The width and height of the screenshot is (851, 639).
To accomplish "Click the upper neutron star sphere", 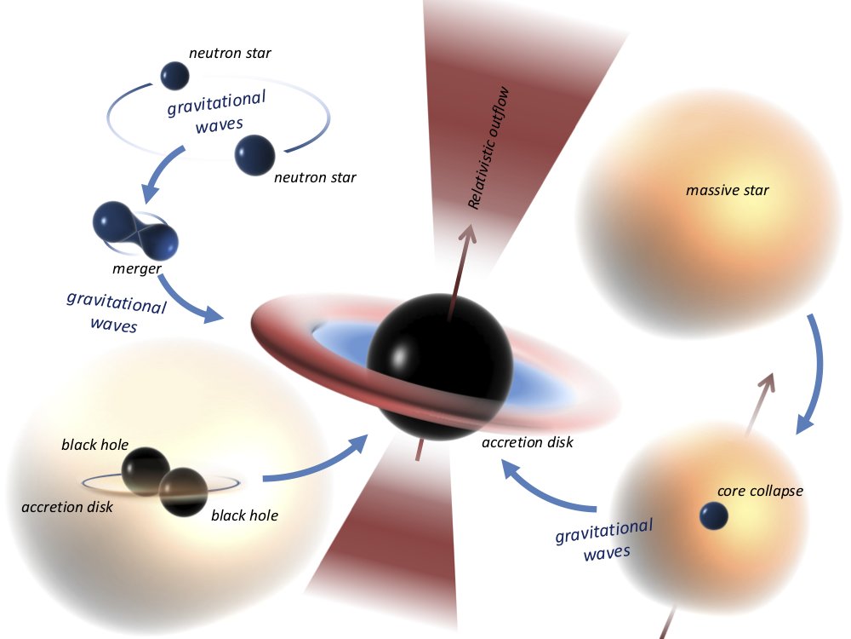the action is pyautogui.click(x=175, y=74).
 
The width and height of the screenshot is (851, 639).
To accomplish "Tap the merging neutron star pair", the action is pyautogui.click(x=136, y=227).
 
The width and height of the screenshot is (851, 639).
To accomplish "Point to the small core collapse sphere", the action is pyautogui.click(x=713, y=515).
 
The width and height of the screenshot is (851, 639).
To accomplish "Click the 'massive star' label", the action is pyautogui.click(x=727, y=190).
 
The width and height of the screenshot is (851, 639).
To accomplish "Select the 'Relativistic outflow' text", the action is pyautogui.click(x=491, y=147).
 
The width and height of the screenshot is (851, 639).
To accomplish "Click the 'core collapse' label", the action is pyautogui.click(x=760, y=492).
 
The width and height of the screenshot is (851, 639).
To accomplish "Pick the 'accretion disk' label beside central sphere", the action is pyautogui.click(x=527, y=443).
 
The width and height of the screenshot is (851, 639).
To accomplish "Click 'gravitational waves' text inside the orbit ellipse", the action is pyautogui.click(x=214, y=112).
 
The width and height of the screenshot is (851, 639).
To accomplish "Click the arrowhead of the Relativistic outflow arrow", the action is pyautogui.click(x=468, y=234).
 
